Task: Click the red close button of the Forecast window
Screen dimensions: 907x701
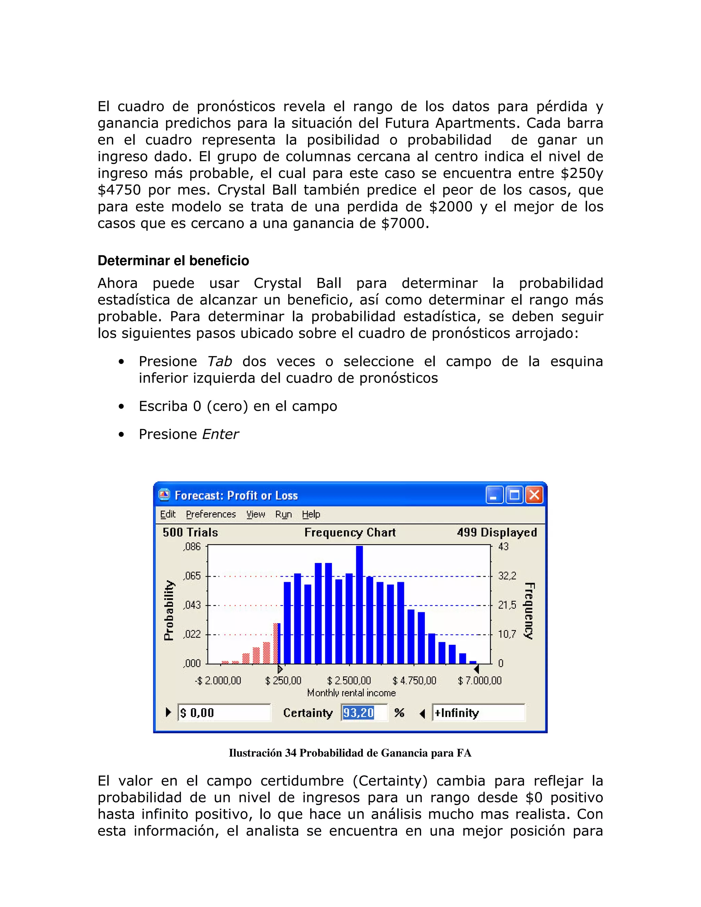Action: point(534,495)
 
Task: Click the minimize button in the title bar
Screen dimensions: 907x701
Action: point(494,495)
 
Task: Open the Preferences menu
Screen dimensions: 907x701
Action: point(211,514)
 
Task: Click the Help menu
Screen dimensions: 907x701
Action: point(311,514)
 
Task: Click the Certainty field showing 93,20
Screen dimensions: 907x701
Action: point(364,713)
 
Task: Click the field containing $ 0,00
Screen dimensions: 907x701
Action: point(224,713)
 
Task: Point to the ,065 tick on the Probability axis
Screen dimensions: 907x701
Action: point(192,576)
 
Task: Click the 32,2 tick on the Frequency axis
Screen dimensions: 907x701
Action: point(507,576)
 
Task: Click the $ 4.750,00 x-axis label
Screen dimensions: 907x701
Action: point(414,680)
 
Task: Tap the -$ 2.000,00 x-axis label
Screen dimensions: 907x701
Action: point(218,680)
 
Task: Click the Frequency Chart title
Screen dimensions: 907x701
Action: point(350,533)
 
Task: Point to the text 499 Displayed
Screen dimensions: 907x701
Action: point(497,533)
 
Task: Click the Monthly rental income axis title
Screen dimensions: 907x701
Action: point(351,693)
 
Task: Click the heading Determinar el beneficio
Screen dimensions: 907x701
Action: point(173,261)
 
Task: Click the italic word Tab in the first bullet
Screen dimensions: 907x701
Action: point(219,361)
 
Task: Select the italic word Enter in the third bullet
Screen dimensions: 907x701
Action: point(220,434)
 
